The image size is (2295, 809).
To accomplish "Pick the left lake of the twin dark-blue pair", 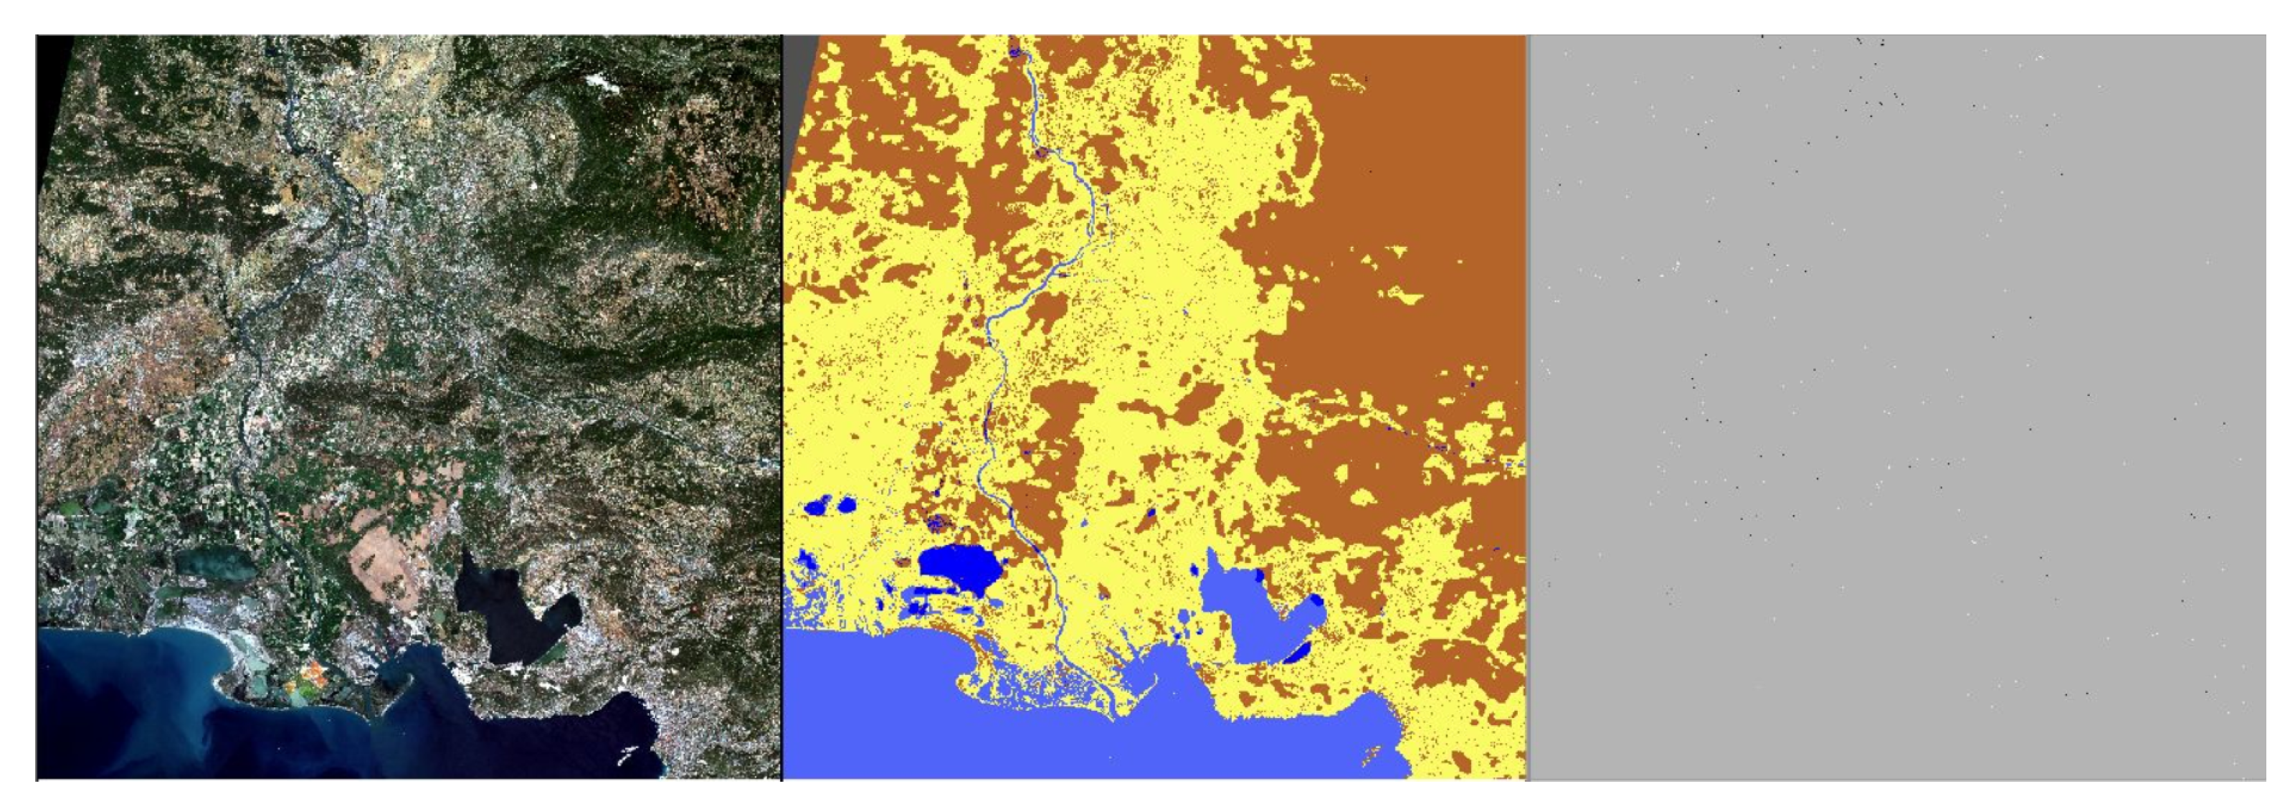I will [x=814, y=508].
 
